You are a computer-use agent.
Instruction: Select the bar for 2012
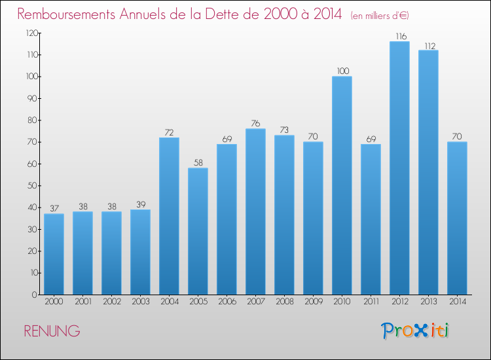(399, 168)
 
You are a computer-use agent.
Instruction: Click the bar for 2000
(54, 254)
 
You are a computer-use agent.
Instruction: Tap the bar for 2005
(198, 231)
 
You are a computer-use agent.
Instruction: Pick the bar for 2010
(342, 185)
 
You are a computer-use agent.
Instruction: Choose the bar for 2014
(457, 218)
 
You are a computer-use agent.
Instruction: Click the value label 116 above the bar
(401, 36)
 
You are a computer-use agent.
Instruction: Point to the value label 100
(343, 71)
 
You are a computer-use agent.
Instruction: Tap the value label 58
(198, 163)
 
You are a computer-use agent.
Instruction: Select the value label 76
(255, 123)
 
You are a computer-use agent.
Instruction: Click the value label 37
(54, 209)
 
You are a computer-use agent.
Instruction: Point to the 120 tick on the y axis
(32, 33)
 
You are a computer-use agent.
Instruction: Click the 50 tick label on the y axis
(33, 186)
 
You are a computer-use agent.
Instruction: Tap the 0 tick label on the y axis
(35, 295)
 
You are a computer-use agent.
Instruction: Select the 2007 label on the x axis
(256, 302)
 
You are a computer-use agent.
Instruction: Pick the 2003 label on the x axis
(141, 302)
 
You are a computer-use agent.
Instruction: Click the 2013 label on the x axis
(428, 302)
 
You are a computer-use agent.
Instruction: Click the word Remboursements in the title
(66, 14)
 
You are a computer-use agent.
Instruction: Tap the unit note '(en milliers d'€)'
(380, 16)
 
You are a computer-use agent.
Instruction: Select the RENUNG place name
(52, 331)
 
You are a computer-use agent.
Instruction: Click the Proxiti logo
(415, 331)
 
